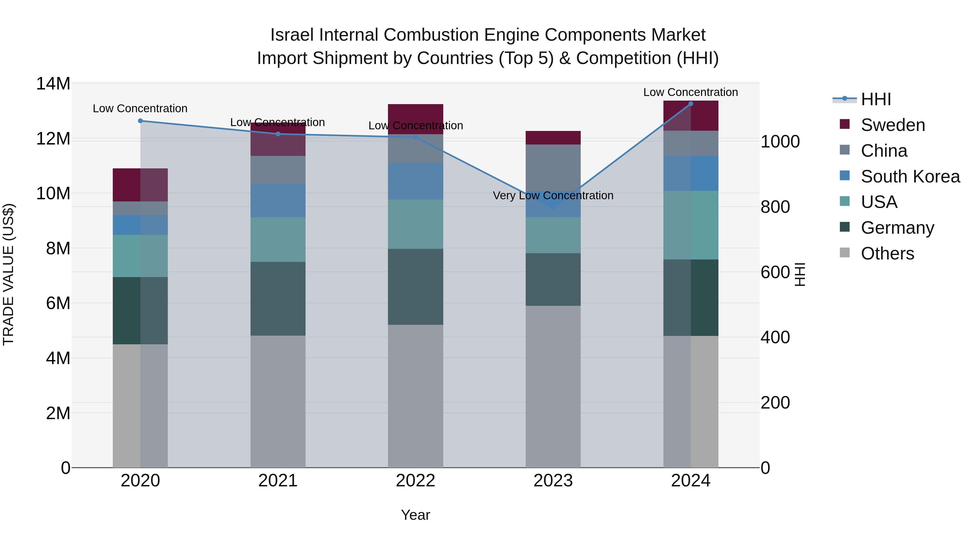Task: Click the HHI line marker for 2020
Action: pyautogui.click(x=140, y=121)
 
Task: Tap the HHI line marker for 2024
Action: pyautogui.click(x=691, y=104)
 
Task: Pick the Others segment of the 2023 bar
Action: pyautogui.click(x=553, y=386)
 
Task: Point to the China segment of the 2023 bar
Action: pyautogui.click(x=553, y=167)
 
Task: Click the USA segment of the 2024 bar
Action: pyautogui.click(x=691, y=225)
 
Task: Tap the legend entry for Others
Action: pyautogui.click(x=887, y=253)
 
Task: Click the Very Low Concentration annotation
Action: pyautogui.click(x=553, y=195)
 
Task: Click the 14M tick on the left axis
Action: pyautogui.click(x=53, y=84)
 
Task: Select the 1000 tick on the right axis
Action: pyautogui.click(x=780, y=142)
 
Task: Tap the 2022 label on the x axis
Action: pyautogui.click(x=415, y=481)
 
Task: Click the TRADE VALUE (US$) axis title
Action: pyautogui.click(x=8, y=274)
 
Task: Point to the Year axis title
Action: pyautogui.click(x=415, y=515)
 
